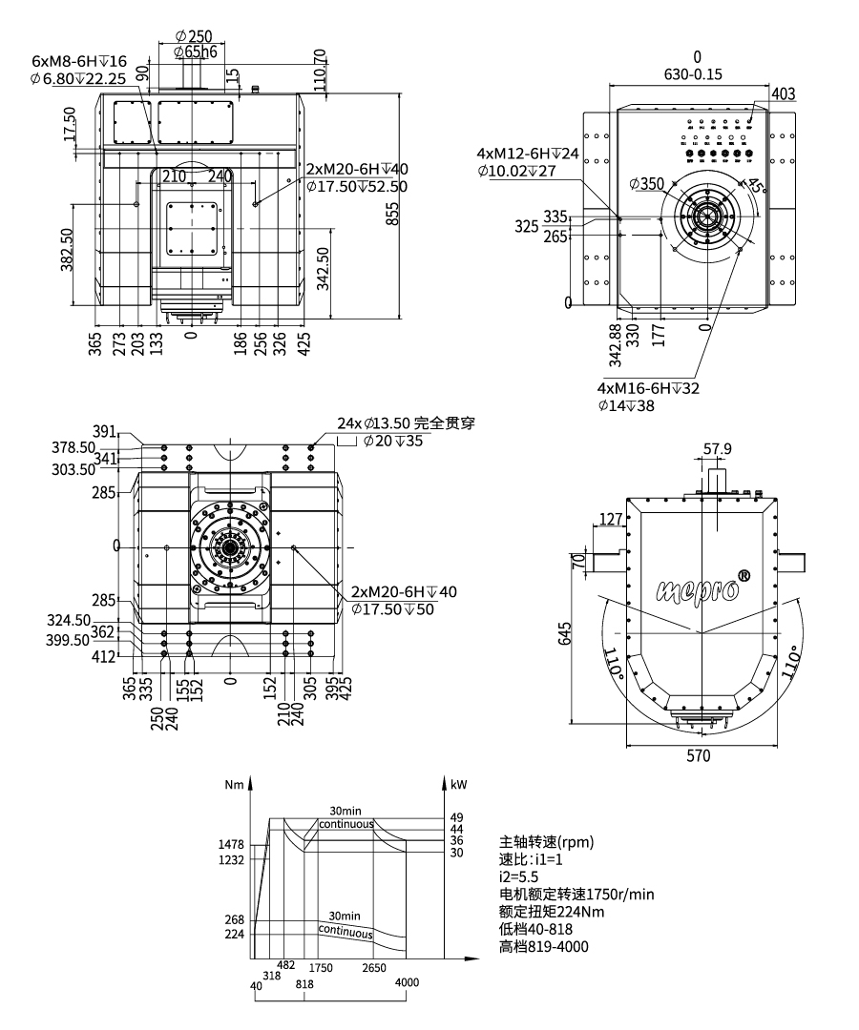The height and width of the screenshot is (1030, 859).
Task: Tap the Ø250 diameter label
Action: click(194, 35)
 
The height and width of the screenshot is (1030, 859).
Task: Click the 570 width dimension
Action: click(699, 757)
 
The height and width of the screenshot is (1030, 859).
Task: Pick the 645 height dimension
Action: click(565, 634)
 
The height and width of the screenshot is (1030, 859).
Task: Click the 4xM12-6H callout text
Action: click(528, 154)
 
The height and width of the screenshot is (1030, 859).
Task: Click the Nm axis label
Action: click(235, 785)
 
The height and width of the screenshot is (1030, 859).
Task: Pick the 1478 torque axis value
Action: click(232, 844)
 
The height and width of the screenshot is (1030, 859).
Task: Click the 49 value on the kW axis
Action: click(455, 817)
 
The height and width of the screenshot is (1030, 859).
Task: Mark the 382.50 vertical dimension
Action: click(68, 250)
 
